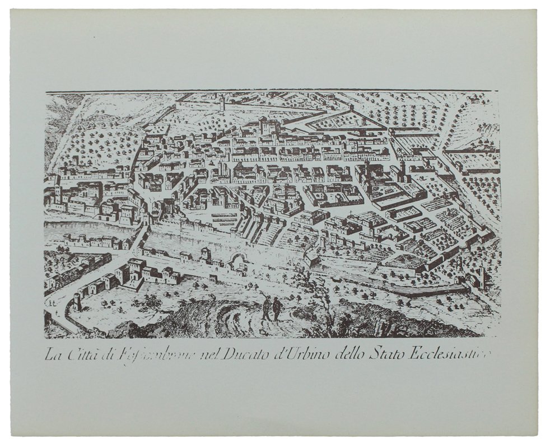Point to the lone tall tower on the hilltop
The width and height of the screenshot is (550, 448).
(x=222, y=102)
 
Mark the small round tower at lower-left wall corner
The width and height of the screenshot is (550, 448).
(x=77, y=302)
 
